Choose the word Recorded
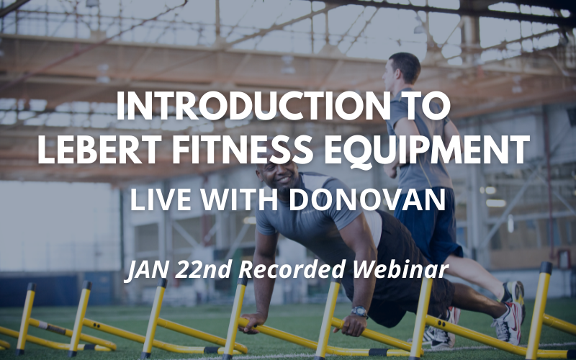(291, 269)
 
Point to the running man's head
(403, 70)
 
